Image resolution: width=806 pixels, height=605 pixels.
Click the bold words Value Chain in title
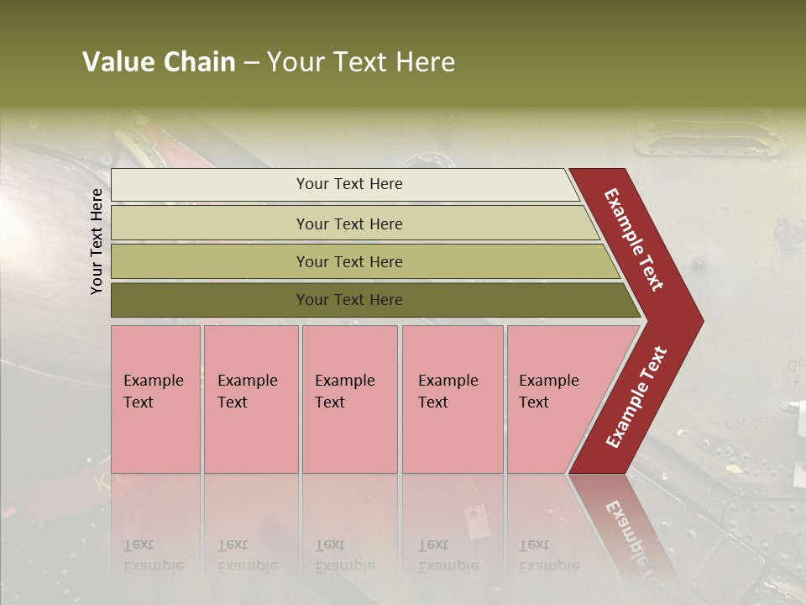159,62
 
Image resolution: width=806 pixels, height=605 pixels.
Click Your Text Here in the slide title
361,62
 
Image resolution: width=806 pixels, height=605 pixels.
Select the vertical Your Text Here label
97,241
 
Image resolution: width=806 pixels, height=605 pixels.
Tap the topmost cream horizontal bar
210,185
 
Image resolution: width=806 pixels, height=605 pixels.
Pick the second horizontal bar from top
210,224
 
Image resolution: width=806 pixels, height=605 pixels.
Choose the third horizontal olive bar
210,261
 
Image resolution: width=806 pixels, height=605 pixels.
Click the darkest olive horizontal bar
210,300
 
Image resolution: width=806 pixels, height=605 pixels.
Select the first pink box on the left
155,437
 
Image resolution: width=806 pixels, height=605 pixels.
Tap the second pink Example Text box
250,437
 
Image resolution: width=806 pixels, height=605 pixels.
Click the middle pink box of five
349,437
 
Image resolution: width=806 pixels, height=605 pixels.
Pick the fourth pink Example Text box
453,437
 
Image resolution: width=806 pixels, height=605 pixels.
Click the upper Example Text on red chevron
634,239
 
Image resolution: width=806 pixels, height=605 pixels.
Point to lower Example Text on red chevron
636,397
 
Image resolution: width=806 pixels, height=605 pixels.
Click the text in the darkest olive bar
349,300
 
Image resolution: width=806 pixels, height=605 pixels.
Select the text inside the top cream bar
349,184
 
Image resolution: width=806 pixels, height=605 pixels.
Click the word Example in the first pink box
153,381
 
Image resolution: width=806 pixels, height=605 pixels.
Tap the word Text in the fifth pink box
534,402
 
